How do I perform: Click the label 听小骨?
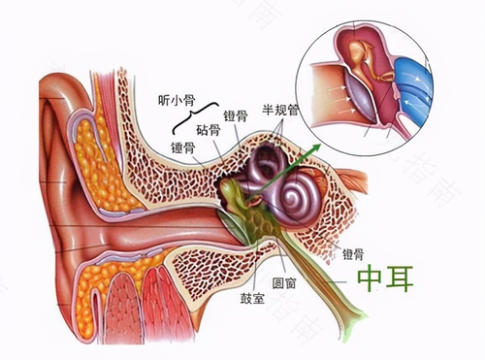coord(178,100)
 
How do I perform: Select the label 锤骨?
coord(184,147)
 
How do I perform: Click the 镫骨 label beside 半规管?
coord(237,115)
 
